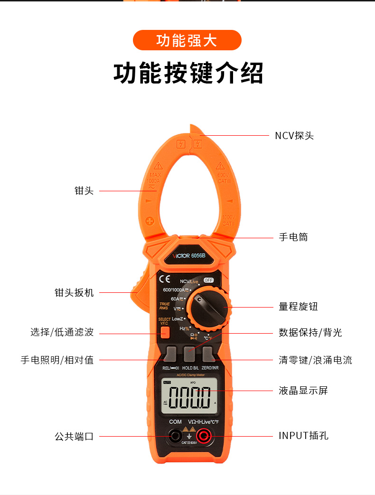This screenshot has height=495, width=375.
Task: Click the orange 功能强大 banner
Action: click(x=187, y=40)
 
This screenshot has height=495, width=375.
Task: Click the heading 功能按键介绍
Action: click(x=188, y=73)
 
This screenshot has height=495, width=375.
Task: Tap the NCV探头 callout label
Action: click(x=294, y=136)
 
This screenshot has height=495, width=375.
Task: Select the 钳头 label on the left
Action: click(x=84, y=191)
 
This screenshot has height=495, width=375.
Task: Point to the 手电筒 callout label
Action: click(x=293, y=237)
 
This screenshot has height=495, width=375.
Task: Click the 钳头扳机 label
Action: click(x=74, y=292)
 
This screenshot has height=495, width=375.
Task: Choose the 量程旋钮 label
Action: click(x=298, y=307)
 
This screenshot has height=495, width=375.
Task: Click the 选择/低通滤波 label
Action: click(x=62, y=332)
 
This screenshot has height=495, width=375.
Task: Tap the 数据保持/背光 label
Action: click(x=310, y=332)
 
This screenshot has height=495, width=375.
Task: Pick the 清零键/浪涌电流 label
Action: click(x=315, y=360)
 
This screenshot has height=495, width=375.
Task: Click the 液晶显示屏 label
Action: click(x=303, y=391)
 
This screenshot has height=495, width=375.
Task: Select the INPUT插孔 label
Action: click(x=303, y=436)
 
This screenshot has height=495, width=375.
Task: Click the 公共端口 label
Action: click(x=74, y=436)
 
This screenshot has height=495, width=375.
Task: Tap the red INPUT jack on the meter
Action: click(x=205, y=435)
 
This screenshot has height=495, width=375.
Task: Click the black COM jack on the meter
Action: click(x=175, y=435)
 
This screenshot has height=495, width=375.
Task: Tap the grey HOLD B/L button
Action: click(x=190, y=355)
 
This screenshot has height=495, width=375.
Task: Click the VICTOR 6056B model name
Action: click(x=188, y=256)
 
